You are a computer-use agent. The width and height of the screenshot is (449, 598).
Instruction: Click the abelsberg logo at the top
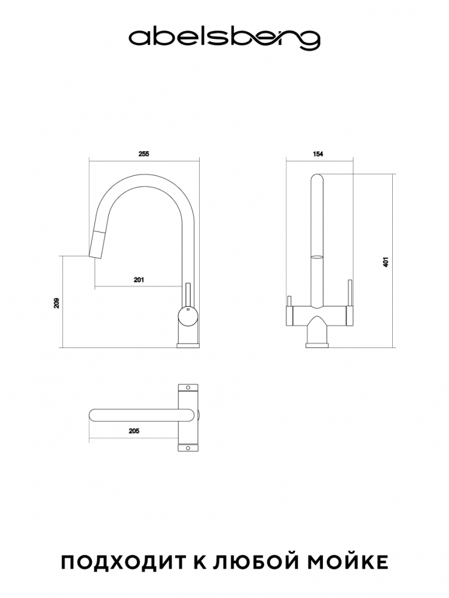[x=224, y=39]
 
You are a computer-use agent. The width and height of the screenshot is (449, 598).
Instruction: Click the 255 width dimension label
[x=143, y=154]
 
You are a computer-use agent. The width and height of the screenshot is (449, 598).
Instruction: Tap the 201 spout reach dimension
[x=139, y=280]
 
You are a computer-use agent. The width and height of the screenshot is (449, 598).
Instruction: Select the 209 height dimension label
[x=57, y=303]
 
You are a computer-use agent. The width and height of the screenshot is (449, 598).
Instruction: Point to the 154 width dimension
[x=318, y=154]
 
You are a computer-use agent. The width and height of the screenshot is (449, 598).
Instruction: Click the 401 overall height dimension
[x=386, y=262]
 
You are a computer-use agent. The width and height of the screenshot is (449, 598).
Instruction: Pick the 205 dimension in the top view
[x=134, y=431]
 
